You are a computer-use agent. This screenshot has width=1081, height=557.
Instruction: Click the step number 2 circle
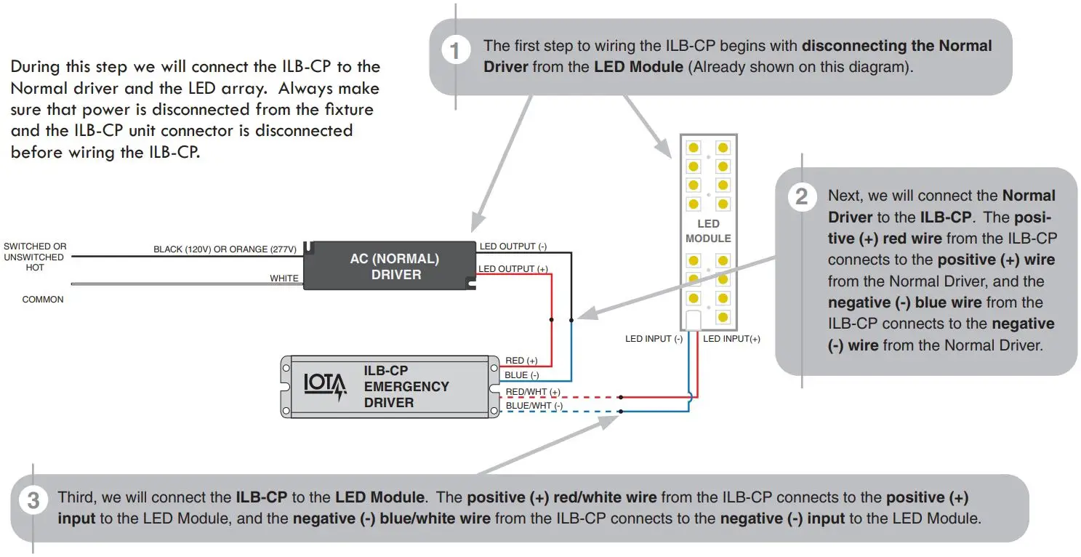801,197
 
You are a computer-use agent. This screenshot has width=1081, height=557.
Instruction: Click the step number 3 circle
33,501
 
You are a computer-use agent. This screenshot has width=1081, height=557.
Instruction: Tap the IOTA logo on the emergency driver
325,386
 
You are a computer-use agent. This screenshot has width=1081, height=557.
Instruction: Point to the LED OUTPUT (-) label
513,247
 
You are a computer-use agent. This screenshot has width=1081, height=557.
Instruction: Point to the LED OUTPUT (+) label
513,269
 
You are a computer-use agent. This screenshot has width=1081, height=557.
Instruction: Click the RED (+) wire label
521,361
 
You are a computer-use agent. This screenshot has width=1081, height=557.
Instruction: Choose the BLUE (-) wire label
521,375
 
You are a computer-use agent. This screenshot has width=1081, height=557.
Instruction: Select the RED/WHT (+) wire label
532,392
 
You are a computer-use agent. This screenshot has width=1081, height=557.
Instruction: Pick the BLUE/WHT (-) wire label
534,405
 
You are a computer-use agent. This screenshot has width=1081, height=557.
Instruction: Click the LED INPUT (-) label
654,339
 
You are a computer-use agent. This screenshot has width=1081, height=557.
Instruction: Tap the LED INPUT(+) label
731,339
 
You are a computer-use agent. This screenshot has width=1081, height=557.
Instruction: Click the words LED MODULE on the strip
708,231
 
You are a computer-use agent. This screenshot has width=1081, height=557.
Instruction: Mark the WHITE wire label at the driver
284,278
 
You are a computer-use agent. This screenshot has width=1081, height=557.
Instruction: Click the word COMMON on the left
43,300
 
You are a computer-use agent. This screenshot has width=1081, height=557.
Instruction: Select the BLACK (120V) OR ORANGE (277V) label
225,249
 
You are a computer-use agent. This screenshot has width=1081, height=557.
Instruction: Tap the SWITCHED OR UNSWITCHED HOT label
35,257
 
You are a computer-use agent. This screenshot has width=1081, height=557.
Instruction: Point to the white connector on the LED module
694,320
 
